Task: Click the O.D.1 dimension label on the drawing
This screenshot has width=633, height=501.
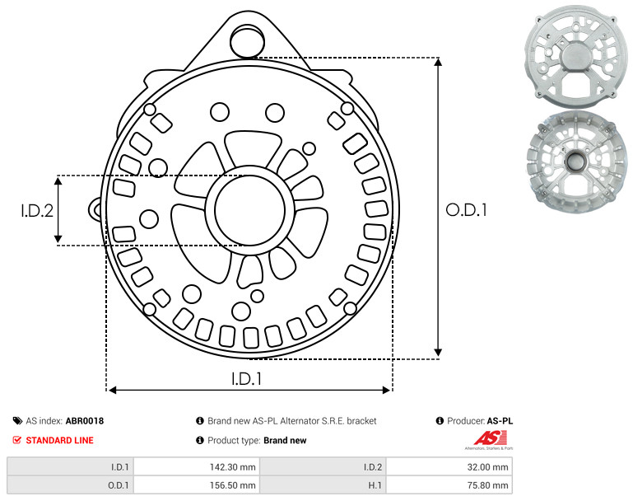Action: click(x=466, y=210)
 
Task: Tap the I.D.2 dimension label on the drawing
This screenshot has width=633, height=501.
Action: click(x=37, y=211)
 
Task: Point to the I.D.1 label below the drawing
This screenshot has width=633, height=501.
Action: click(x=246, y=379)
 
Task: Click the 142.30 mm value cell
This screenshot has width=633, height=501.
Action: click(x=197, y=467)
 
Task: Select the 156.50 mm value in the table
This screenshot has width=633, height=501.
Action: click(x=197, y=485)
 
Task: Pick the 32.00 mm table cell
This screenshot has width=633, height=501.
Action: click(x=449, y=467)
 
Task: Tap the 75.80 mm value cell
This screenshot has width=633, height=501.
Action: click(x=449, y=485)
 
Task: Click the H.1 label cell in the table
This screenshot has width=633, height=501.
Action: click(x=323, y=485)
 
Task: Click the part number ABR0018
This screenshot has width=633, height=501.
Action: click(x=85, y=421)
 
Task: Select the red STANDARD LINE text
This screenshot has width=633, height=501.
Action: click(x=60, y=440)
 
